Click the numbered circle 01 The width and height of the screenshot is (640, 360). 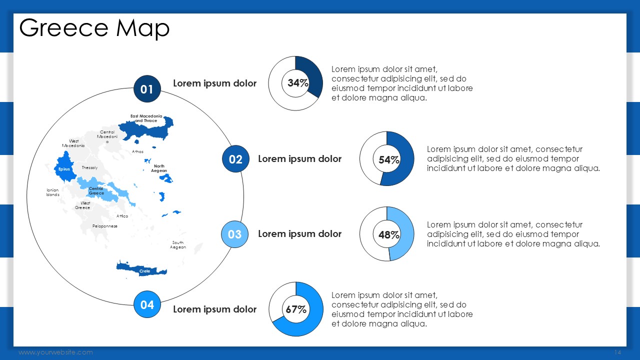pyautogui.click(x=147, y=89)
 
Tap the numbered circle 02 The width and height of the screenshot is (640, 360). pyautogui.click(x=235, y=159)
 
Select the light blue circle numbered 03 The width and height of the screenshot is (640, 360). pyautogui.click(x=235, y=234)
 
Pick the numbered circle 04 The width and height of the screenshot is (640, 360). pyautogui.click(x=147, y=304)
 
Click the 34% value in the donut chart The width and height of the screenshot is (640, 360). pyautogui.click(x=297, y=83)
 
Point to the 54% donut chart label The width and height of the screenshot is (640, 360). pyautogui.click(x=389, y=159)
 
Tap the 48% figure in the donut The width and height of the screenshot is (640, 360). pyautogui.click(x=389, y=235)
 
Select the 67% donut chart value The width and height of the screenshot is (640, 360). pyautogui.click(x=296, y=309)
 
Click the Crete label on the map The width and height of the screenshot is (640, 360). pyautogui.click(x=144, y=271)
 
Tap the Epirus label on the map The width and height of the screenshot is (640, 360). pyautogui.click(x=64, y=169)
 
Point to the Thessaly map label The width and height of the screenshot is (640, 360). pyautogui.click(x=89, y=167)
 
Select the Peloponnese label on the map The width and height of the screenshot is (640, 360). pyautogui.click(x=105, y=226)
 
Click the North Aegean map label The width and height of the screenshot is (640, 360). pyautogui.click(x=159, y=168)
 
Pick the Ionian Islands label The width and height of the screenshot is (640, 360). pyautogui.click(x=53, y=192)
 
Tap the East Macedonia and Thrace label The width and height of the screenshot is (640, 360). pyautogui.click(x=146, y=118)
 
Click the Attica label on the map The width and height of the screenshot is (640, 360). pyautogui.click(x=122, y=216)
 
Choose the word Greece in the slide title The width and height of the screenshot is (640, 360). pyautogui.click(x=63, y=28)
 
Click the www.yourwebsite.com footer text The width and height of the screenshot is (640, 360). pyautogui.click(x=55, y=352)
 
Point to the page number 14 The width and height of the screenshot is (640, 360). pyautogui.click(x=617, y=352)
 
